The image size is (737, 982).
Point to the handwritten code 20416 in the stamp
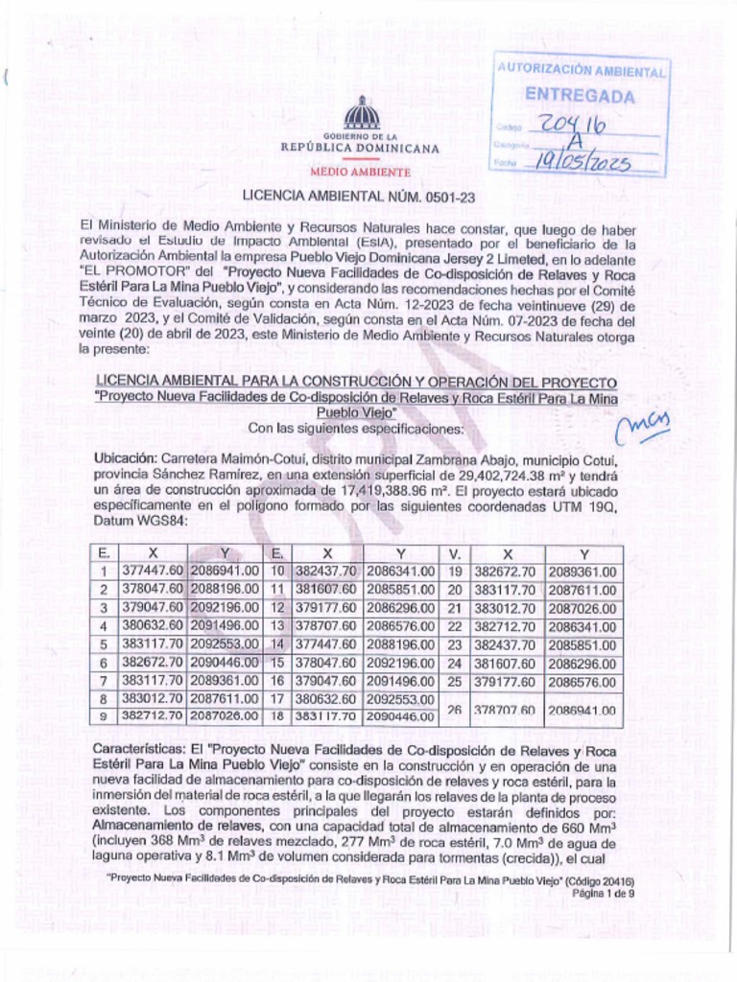click(573, 126)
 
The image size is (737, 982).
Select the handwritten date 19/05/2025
click(582, 163)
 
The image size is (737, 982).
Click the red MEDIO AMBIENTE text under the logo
click(360, 173)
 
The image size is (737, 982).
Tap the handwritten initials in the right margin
click(644, 422)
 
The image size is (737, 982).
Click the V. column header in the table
click(455, 554)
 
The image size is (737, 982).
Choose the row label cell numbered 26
click(455, 708)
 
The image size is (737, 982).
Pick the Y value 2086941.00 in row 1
click(225, 572)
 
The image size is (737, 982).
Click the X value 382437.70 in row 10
click(327, 572)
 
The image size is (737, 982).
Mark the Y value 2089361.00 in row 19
click(583, 572)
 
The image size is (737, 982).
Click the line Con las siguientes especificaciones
click(356, 429)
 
